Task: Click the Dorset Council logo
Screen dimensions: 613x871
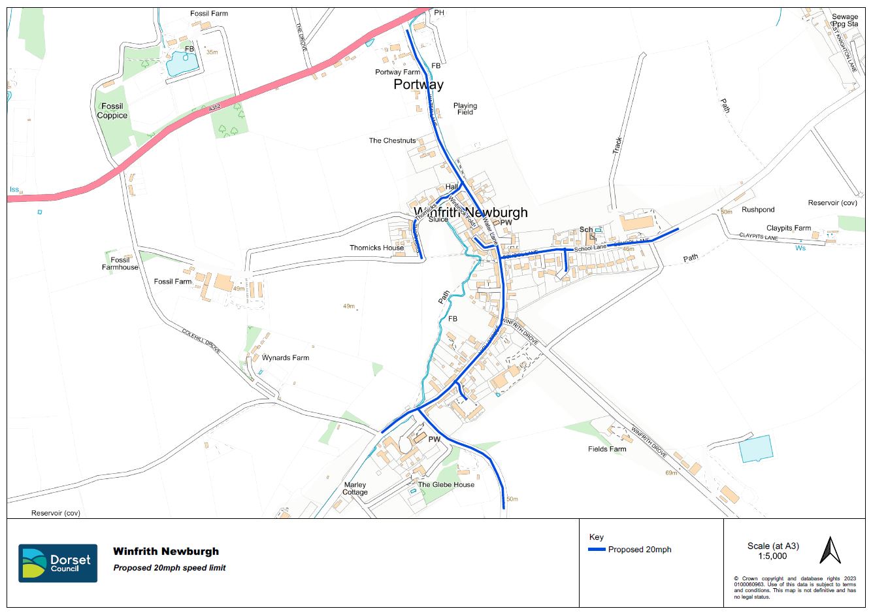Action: [x=58, y=563]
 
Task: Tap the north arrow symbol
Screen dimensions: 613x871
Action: [x=830, y=550]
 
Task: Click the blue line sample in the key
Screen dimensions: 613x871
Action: [x=597, y=550]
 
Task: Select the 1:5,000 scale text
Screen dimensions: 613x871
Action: [x=772, y=556]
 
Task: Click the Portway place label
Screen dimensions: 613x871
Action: [x=418, y=84]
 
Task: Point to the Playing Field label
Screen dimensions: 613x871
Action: [x=465, y=108]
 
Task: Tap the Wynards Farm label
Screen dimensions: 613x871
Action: [x=286, y=358]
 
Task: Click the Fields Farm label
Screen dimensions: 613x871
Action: [x=607, y=449]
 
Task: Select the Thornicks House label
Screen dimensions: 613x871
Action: [x=376, y=248]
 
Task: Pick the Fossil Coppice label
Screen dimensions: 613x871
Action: [x=112, y=111]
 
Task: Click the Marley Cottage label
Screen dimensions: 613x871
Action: [x=355, y=488]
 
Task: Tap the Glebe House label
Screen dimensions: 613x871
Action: [x=446, y=484]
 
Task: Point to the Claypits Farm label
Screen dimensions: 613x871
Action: [x=788, y=228]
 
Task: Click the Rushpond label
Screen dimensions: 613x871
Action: [x=758, y=210]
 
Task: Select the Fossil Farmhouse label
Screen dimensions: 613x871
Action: [x=120, y=263]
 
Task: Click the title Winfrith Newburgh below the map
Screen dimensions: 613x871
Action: [x=166, y=552]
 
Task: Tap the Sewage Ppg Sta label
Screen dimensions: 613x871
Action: [x=845, y=20]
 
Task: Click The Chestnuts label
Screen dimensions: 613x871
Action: [x=392, y=141]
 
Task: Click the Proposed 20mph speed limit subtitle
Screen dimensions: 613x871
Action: [x=169, y=568]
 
